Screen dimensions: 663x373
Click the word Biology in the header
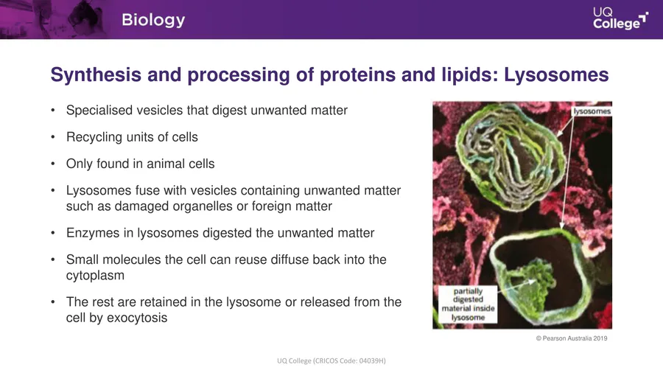tap(153, 21)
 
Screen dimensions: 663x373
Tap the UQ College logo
tap(620, 18)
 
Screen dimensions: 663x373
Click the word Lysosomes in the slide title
tap(556, 75)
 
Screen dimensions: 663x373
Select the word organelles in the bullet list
tap(197, 206)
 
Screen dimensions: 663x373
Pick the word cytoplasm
tap(95, 276)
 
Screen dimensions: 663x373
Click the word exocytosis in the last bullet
tap(137, 318)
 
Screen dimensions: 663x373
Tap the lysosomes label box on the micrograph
tap(592, 111)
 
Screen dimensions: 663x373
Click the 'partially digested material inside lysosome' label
tap(468, 304)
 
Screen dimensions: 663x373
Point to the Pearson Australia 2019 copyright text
tap(571, 338)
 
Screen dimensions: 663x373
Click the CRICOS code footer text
tap(331, 360)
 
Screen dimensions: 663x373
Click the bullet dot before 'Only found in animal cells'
tap(53, 164)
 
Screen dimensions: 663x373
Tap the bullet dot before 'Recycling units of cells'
tap(53, 137)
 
